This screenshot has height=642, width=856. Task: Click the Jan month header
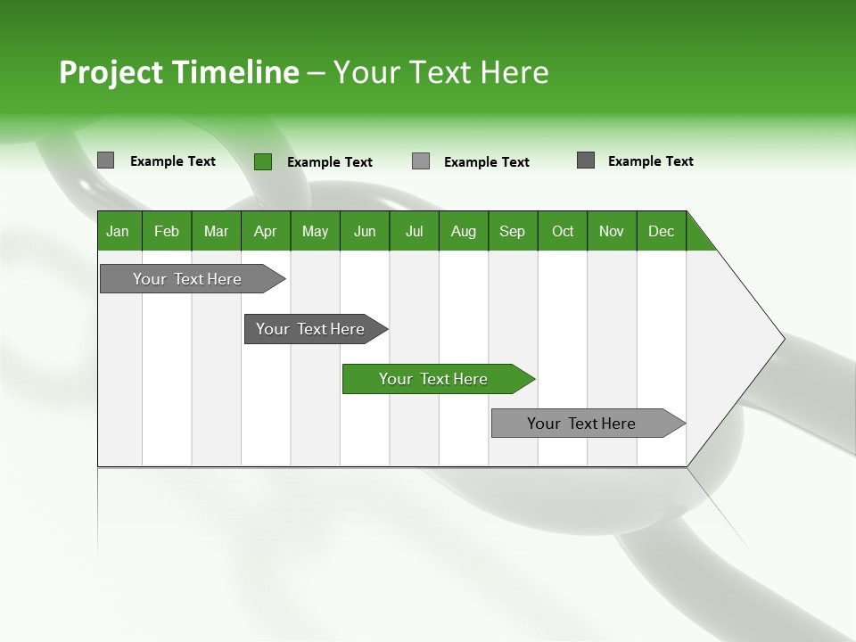pyautogui.click(x=119, y=231)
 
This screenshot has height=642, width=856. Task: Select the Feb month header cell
pyautogui.click(x=167, y=231)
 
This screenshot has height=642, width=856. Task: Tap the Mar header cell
pyautogui.click(x=216, y=231)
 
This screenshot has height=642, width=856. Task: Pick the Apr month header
pyautogui.click(x=266, y=231)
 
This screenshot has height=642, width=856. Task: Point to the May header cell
pyautogui.click(x=315, y=231)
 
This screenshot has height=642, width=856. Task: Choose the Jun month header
pyautogui.click(x=365, y=231)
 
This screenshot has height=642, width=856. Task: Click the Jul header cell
pyautogui.click(x=414, y=231)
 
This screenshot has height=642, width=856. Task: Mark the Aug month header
pyautogui.click(x=464, y=231)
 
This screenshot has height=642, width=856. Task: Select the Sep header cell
pyautogui.click(x=513, y=231)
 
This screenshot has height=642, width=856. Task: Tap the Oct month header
pyautogui.click(x=563, y=231)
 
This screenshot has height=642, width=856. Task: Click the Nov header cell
pyautogui.click(x=612, y=231)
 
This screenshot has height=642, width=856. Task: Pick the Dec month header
pyautogui.click(x=662, y=231)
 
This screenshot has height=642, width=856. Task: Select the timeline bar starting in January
pyautogui.click(x=188, y=279)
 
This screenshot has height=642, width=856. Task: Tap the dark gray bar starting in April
pyautogui.click(x=311, y=329)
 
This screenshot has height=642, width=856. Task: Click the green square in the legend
pyautogui.click(x=263, y=161)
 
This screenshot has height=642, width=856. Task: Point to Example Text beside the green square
pyautogui.click(x=330, y=162)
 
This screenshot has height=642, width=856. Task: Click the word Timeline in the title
pyautogui.click(x=235, y=72)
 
